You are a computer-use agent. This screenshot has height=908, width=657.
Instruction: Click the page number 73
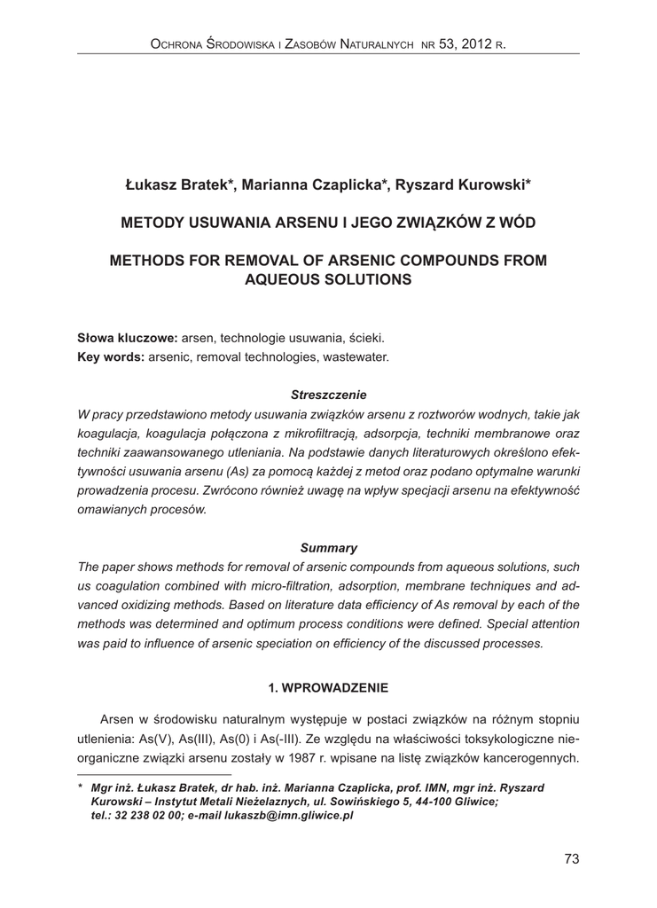click(571, 857)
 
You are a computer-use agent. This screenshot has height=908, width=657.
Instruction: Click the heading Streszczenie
click(328, 394)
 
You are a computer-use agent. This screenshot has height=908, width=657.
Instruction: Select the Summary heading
click(328, 548)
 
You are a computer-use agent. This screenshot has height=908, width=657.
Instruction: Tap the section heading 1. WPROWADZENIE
click(328, 687)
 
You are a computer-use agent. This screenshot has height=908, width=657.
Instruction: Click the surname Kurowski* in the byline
click(491, 184)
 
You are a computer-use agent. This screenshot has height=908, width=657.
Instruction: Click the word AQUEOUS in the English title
click(285, 279)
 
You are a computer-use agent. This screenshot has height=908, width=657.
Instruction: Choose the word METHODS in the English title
click(144, 261)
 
